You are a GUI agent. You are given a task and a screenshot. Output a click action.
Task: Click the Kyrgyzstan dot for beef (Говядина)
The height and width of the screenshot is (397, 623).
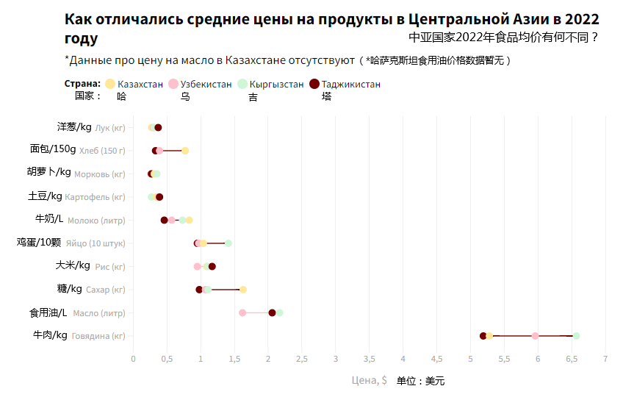576,336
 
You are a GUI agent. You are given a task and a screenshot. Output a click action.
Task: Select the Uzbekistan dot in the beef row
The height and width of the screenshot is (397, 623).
535,336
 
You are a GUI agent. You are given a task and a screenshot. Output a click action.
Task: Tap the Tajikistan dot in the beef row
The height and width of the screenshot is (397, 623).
483,336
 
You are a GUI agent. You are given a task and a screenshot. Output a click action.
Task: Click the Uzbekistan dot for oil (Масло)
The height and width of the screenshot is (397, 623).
242,313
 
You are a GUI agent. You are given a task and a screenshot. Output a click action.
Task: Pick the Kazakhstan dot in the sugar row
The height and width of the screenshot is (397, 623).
243,290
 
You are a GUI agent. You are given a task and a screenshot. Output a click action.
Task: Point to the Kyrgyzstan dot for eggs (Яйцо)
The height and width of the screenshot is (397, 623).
228,243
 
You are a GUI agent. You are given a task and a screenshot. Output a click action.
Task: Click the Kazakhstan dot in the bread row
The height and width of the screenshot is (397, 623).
185,151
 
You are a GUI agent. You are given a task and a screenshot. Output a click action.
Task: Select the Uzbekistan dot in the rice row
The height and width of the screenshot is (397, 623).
197,266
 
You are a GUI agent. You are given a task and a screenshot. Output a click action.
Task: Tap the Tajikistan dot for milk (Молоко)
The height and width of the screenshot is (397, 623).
165,220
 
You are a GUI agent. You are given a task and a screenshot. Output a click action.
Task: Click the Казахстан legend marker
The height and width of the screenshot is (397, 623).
110,85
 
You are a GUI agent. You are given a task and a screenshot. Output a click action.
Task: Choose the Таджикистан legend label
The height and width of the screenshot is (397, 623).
351,85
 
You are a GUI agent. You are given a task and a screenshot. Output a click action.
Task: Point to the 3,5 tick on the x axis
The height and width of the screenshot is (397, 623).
369,359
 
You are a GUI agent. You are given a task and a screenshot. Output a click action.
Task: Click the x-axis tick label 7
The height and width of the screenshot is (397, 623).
605,359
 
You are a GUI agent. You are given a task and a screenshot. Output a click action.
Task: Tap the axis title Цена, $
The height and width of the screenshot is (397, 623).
370,381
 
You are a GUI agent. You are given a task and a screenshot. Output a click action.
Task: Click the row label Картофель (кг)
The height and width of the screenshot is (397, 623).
95,197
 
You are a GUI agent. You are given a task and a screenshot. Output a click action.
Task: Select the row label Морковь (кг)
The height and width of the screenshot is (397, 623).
100,174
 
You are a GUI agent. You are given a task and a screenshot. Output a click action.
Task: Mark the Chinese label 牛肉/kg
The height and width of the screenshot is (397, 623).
48,336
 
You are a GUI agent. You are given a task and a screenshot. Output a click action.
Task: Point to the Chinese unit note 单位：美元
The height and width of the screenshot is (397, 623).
420,381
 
